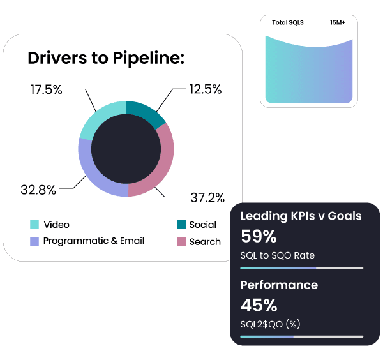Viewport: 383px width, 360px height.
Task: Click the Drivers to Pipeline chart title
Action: point(106,59)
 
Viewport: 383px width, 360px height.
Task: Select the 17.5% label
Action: point(47,90)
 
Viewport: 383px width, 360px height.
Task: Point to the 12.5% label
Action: point(206,90)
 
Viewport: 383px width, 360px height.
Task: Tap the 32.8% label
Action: point(38,190)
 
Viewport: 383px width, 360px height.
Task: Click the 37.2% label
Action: point(207,197)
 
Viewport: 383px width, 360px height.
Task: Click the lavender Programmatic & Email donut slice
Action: point(96,172)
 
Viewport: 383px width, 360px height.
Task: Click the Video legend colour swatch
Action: point(34,225)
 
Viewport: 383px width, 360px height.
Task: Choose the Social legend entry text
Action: point(203,225)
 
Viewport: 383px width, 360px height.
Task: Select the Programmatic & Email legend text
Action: point(94,241)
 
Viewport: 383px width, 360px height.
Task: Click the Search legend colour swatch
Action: point(181,242)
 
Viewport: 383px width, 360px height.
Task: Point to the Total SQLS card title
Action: point(288,22)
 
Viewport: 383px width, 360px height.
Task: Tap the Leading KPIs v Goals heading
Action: point(301,216)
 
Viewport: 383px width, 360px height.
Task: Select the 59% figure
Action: point(259,237)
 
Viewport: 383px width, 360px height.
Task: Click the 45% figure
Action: point(259,304)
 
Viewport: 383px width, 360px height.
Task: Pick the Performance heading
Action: point(279,285)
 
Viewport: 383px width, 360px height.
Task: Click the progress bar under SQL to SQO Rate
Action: point(301,268)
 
